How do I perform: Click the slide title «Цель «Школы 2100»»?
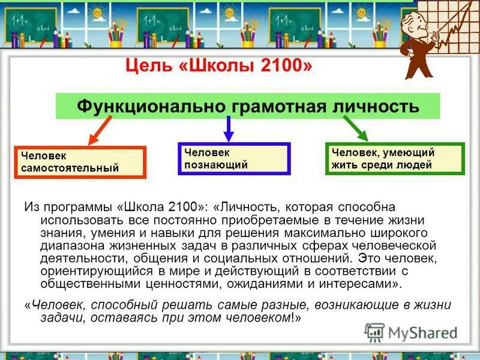coord(218,64)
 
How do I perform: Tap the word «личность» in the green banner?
coord(379,107)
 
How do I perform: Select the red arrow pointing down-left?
coord(101,130)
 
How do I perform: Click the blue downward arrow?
coord(228,128)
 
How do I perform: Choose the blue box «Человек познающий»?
coord(234,158)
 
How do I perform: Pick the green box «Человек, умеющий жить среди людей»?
coord(395,159)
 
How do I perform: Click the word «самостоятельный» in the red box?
coord(70,169)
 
